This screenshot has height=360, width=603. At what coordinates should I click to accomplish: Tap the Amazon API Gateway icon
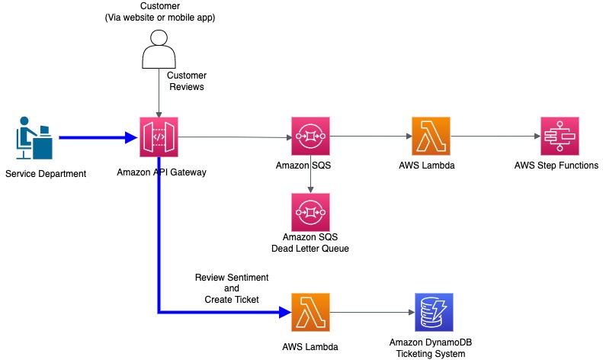coord(159,137)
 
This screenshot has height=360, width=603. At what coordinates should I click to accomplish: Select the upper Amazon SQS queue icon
coord(310,137)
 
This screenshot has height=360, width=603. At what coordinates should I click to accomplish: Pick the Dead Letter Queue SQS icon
coord(310,212)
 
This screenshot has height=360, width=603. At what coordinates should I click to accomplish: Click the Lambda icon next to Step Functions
coord(430,137)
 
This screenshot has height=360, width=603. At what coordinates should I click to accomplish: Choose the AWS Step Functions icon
coord(560,137)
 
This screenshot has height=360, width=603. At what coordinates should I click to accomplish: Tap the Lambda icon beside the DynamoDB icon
coord(310,312)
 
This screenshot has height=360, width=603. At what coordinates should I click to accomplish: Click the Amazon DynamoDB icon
coord(433,312)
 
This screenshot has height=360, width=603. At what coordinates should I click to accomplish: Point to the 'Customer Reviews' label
coord(186,82)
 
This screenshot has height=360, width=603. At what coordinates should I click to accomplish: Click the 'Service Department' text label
coord(46,174)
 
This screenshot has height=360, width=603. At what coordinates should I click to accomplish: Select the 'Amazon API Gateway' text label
coord(162,172)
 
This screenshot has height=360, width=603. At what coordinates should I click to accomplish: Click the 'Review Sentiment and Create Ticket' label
coord(233,288)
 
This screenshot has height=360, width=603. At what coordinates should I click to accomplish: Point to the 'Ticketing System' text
coord(433,354)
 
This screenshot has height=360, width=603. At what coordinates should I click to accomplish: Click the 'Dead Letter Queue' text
coord(310,249)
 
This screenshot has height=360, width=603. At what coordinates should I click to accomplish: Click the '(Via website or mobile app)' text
coord(160,18)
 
